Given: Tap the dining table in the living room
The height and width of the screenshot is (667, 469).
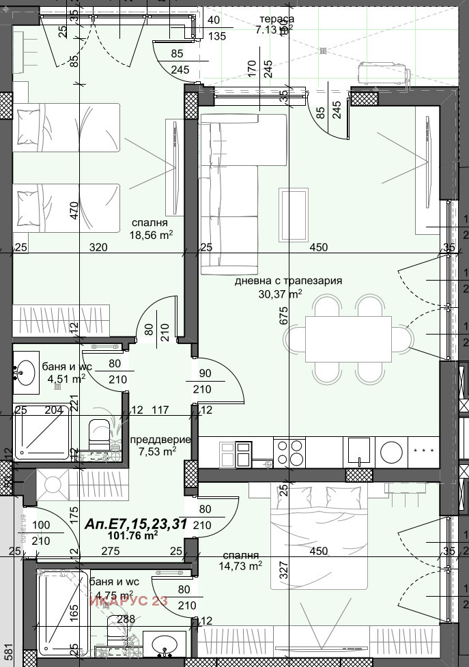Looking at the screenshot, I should click(x=348, y=339).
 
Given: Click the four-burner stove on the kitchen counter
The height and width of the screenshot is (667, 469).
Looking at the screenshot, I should click(x=289, y=452).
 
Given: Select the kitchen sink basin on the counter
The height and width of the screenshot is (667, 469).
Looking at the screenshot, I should click(x=358, y=451).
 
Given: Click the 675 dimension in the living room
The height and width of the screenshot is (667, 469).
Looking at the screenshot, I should click(x=284, y=315).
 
